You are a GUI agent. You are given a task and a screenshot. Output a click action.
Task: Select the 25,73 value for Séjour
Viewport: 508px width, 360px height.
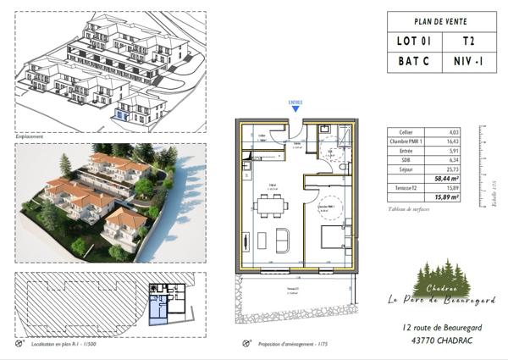click(451, 169)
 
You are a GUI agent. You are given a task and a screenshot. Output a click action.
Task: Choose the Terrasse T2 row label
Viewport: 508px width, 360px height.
click(404, 187)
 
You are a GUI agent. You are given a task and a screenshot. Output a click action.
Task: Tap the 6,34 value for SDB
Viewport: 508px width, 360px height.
click(452, 160)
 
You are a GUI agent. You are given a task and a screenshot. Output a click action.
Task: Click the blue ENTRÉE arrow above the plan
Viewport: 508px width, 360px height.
click(295, 108)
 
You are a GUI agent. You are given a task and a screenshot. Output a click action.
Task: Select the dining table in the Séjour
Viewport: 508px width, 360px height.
click(272, 205)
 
